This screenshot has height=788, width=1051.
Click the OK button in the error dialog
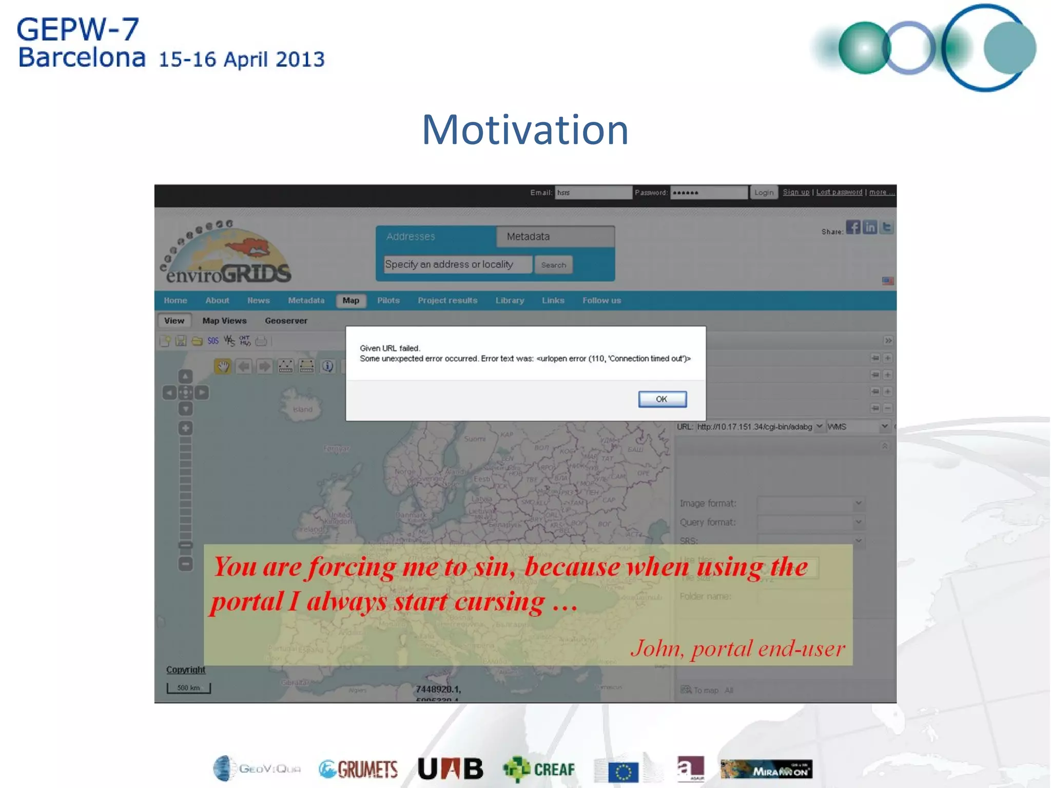pyautogui.click(x=662, y=399)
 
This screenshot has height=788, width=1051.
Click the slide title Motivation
pyautogui.click(x=525, y=130)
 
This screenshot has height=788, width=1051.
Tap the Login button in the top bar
pyautogui.click(x=764, y=192)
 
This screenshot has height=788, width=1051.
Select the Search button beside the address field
pyautogui.click(x=553, y=265)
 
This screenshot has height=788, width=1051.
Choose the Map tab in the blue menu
pyautogui.click(x=351, y=301)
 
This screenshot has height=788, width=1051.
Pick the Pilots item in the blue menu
pyautogui.click(x=388, y=301)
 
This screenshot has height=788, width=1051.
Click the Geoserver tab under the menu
pyautogui.click(x=286, y=321)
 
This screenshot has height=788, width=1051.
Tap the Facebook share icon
pyautogui.click(x=853, y=227)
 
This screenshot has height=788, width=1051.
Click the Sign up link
pyautogui.click(x=796, y=192)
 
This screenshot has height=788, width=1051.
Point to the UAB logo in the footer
pyautogui.click(x=451, y=769)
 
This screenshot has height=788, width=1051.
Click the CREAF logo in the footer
pyautogui.click(x=539, y=769)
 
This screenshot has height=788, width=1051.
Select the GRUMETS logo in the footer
pyautogui.click(x=358, y=769)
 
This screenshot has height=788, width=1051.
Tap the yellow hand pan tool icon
pyautogui.click(x=223, y=366)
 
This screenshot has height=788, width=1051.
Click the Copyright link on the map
pyautogui.click(x=185, y=670)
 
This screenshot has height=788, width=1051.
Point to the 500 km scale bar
pyautogui.click(x=188, y=688)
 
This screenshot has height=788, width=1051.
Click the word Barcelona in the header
pyautogui.click(x=82, y=57)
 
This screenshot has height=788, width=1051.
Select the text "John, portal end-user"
pyautogui.click(x=737, y=648)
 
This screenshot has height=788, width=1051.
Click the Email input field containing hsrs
pyautogui.click(x=593, y=192)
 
